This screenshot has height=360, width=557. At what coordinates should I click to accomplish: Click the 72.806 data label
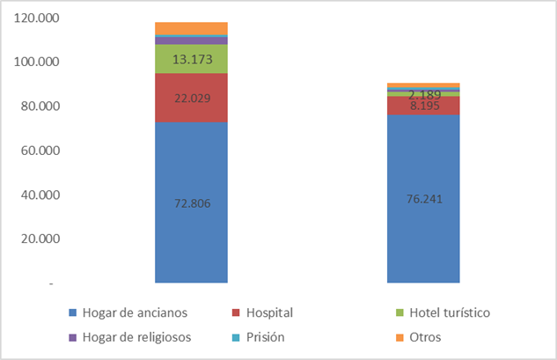click(x=191, y=203)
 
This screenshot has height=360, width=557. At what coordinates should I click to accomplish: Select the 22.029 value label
click(x=191, y=99)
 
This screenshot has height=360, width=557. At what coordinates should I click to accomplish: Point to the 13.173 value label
click(x=191, y=59)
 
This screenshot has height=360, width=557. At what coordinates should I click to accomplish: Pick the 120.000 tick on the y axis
click(x=33, y=18)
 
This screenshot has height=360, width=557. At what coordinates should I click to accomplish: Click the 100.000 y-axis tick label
click(x=33, y=62)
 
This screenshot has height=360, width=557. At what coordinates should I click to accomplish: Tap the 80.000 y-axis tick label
click(x=35, y=107)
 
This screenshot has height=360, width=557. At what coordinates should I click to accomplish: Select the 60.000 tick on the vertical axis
click(x=35, y=151)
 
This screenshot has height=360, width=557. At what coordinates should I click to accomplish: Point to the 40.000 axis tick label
click(x=35, y=195)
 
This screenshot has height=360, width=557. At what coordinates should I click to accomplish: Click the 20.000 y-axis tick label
click(x=35, y=239)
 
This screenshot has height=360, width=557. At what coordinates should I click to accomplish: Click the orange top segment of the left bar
click(x=191, y=28)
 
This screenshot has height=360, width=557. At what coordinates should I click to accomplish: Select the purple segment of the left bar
click(x=191, y=40)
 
